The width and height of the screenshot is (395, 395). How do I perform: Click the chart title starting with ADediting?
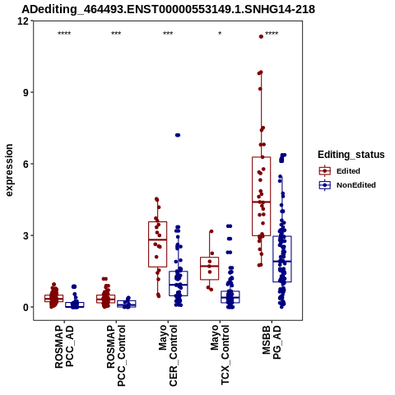[168, 9]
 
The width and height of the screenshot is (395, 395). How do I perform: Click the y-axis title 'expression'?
[9, 170]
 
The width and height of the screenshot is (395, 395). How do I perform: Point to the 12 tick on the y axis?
[23, 21]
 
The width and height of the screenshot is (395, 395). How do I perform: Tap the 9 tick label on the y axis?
[26, 92]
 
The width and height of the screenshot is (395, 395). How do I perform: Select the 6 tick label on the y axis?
[26, 164]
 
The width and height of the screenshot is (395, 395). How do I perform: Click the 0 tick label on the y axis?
[26, 307]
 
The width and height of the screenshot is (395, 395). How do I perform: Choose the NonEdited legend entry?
[347, 185]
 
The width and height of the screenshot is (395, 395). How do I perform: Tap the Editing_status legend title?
[351, 155]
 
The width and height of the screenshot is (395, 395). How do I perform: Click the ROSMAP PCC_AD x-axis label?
[64, 346]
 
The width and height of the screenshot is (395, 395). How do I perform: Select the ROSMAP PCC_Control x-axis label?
[116, 355]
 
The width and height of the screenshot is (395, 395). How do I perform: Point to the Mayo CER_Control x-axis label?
[168, 355]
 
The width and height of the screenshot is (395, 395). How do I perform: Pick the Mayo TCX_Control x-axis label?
[220, 355]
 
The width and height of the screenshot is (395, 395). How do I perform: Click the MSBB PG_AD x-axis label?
[272, 342]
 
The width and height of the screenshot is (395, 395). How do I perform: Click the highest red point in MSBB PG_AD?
[261, 36]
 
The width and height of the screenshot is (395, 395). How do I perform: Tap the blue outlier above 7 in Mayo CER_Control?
[178, 135]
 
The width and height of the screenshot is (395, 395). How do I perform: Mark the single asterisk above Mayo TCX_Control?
[220, 34]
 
